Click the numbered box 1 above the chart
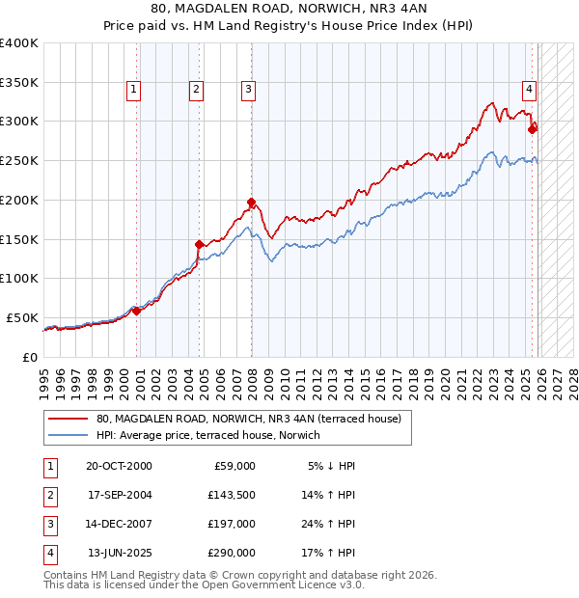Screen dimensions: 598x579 point(133,90)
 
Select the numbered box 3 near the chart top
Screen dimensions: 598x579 point(248,90)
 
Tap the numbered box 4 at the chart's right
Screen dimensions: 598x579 point(530,90)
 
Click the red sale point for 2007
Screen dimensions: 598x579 point(251,203)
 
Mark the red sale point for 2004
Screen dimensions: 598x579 point(200,244)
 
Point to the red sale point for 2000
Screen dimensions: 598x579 point(136,311)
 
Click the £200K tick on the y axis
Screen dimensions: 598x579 point(19,200)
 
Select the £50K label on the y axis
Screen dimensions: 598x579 point(22,317)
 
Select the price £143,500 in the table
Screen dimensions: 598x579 point(232,495)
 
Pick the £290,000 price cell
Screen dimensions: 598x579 point(232,554)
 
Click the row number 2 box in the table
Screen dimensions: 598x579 point(49,495)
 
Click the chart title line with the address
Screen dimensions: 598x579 point(289,10)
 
